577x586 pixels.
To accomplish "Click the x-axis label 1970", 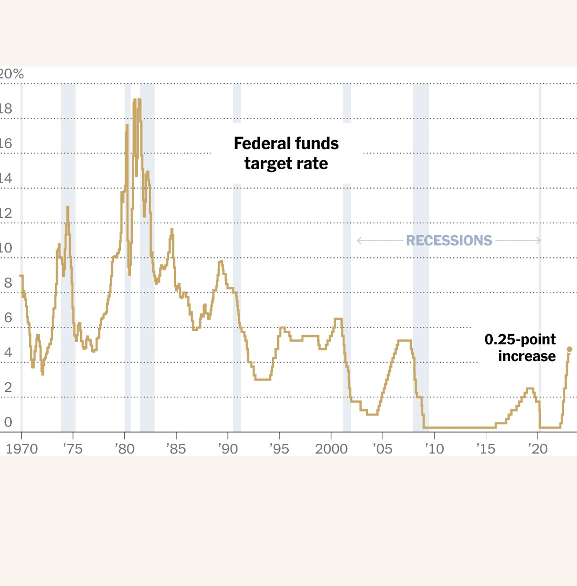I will point(22,449).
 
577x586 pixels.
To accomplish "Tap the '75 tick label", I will point(72,449).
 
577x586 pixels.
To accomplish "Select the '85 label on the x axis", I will point(175,449).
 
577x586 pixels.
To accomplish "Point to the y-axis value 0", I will point(7,422).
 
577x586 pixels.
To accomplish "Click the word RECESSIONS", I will point(449,241).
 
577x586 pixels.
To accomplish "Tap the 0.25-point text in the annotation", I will point(520,339).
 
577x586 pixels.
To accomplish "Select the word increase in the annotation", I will point(526,356).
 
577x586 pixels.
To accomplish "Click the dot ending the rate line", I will point(569,349).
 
